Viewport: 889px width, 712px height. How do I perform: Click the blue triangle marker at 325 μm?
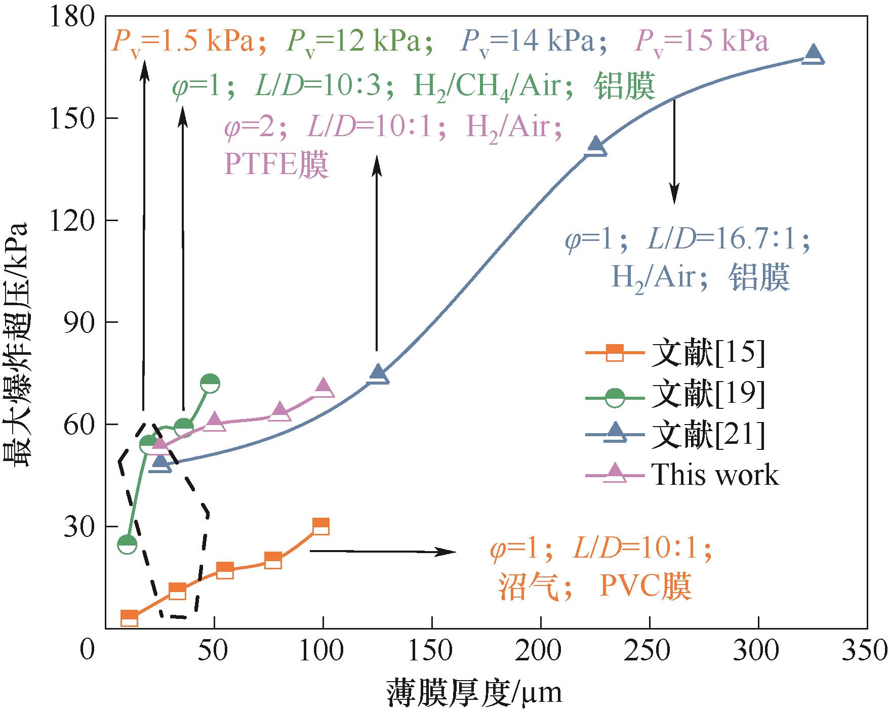(x=814, y=55)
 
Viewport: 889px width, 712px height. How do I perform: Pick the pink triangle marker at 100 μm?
(x=324, y=389)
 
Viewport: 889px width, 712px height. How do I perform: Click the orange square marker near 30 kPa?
(x=321, y=526)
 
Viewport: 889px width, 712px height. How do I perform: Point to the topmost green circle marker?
(x=210, y=384)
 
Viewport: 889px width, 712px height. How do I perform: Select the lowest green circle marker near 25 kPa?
(x=127, y=545)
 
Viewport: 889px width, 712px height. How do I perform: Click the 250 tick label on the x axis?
(x=650, y=650)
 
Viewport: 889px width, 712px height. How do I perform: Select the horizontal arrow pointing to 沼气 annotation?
(x=383, y=552)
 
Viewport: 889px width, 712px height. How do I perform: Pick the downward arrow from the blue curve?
(x=674, y=152)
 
